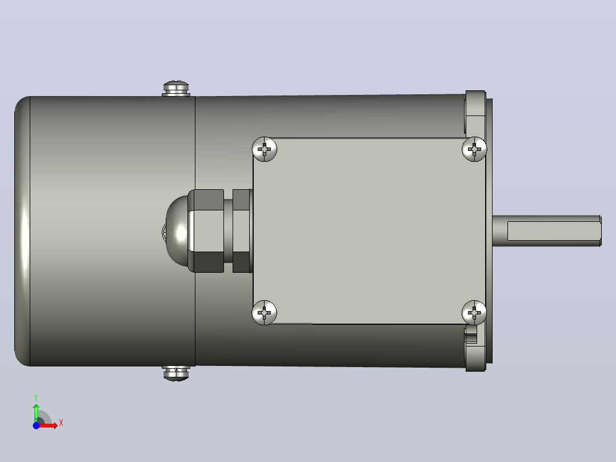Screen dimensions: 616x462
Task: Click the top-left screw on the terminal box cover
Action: pyautogui.click(x=265, y=149)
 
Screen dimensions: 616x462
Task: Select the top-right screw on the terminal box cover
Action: pyautogui.click(x=474, y=149)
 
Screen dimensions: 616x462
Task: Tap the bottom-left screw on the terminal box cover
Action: pyautogui.click(x=265, y=313)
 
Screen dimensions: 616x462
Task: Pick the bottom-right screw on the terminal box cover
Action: pyautogui.click(x=474, y=313)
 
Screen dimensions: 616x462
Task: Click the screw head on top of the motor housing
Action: pyautogui.click(x=176, y=89)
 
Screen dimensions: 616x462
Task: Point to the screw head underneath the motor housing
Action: pyautogui.click(x=176, y=373)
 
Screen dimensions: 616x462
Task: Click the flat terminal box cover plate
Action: pyautogui.click(x=369, y=231)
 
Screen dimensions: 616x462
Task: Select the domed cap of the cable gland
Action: pyautogui.click(x=177, y=231)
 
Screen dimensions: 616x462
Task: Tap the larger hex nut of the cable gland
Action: pyautogui.click(x=206, y=231)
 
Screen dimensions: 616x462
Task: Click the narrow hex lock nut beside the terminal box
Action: pyautogui.click(x=242, y=231)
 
